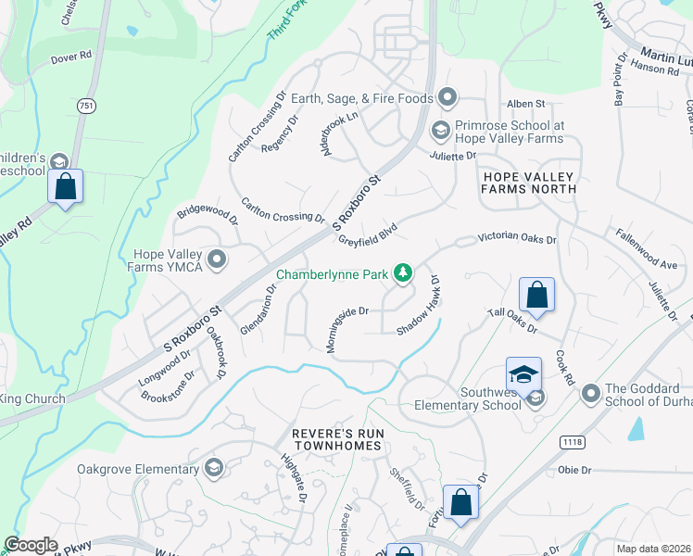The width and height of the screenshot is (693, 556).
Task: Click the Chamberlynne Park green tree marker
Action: [403, 273]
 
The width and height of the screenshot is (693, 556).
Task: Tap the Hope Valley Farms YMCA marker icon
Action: [218, 259]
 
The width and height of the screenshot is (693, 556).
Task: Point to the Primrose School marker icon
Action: [442, 129]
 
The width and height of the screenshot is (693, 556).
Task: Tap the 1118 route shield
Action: [572, 443]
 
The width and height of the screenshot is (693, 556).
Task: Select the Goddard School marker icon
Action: [590, 396]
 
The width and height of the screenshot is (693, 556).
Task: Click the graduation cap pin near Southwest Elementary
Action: [523, 374]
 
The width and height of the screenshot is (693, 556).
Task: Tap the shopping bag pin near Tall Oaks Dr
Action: [536, 296]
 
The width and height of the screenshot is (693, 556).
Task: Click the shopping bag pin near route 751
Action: [66, 186]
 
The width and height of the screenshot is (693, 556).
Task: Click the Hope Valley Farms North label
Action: [528, 183]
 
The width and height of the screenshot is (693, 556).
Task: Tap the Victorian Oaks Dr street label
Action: [517, 239]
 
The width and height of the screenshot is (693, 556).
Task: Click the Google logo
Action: [31, 546]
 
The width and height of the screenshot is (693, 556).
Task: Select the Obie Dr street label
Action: [574, 470]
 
